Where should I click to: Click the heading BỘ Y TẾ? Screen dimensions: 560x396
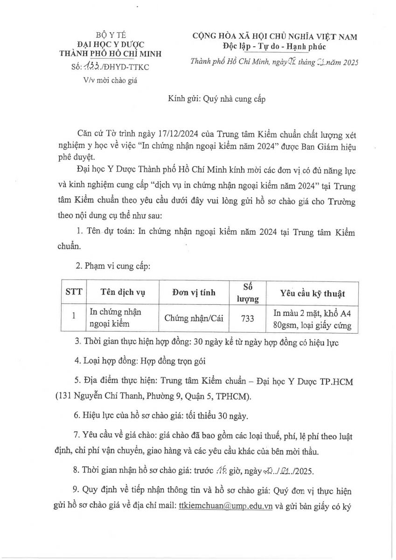coord(111,35)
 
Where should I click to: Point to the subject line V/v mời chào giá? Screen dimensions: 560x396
coord(111,80)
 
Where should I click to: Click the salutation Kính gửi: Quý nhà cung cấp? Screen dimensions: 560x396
coord(216,99)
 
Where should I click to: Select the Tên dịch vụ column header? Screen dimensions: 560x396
coord(123,293)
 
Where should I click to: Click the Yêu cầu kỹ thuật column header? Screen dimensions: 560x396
coord(312,293)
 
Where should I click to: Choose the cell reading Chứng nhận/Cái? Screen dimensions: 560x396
coord(194,318)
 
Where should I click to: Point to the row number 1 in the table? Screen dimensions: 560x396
coord(74,315)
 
